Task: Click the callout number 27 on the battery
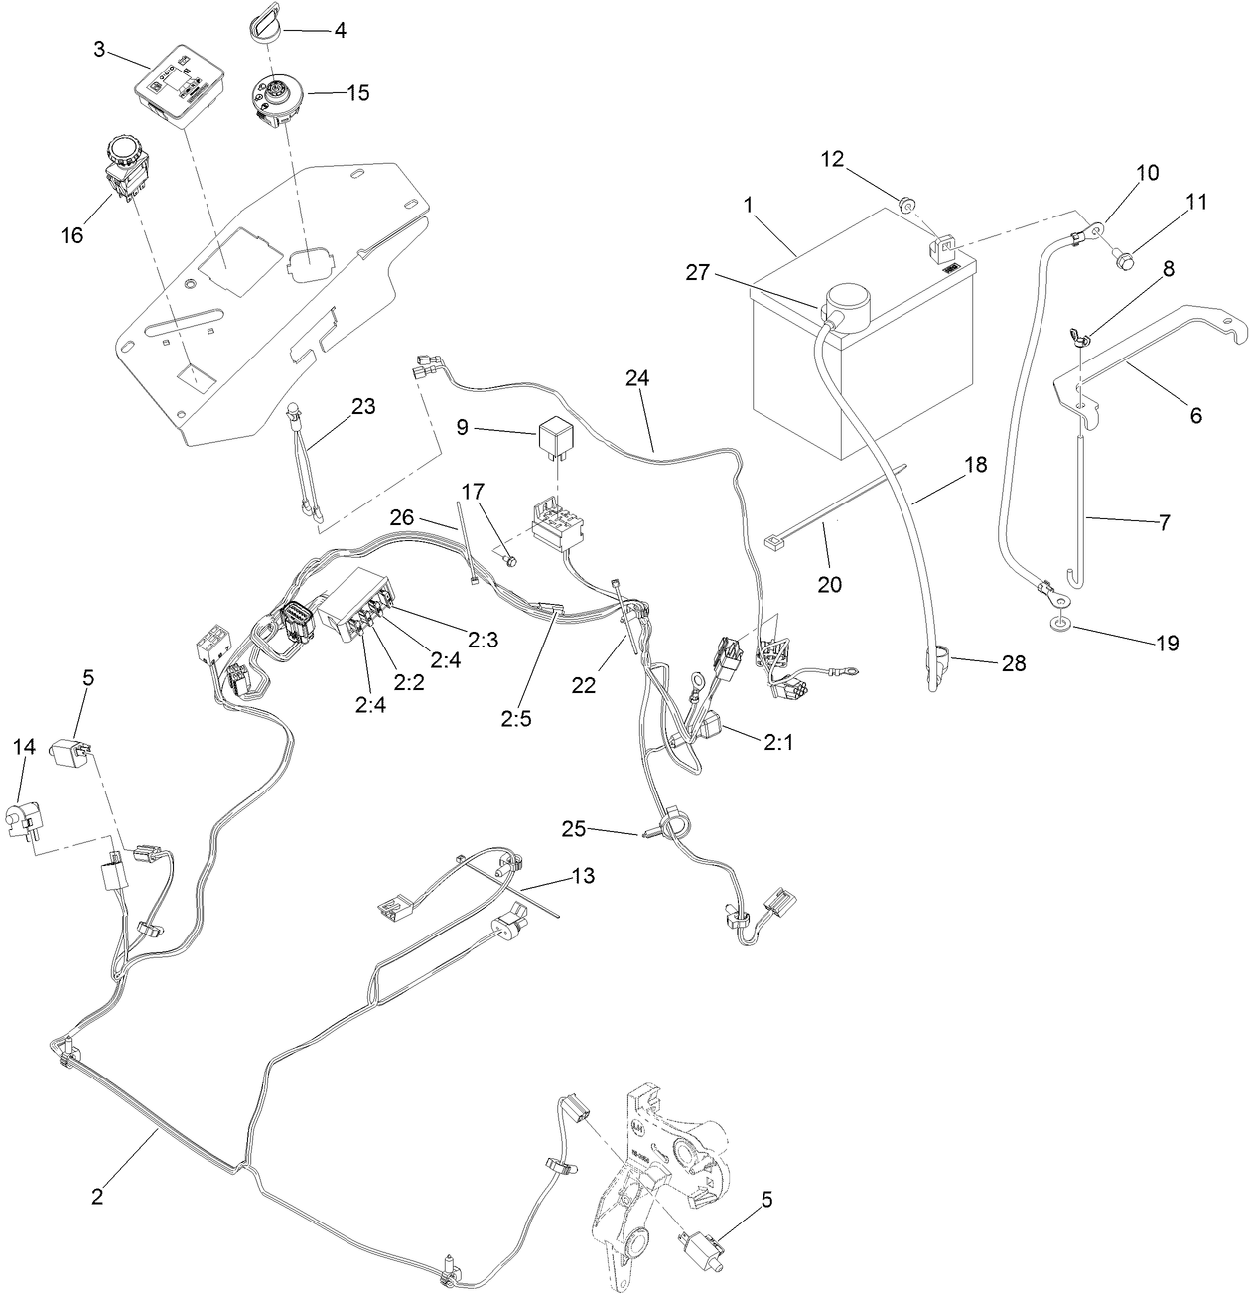point(698,271)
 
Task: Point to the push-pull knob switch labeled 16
point(124,165)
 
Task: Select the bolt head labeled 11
point(1124,261)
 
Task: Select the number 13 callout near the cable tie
point(585,875)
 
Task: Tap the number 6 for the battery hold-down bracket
point(1195,416)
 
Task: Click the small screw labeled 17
point(510,561)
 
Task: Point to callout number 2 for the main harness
point(96,1196)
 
